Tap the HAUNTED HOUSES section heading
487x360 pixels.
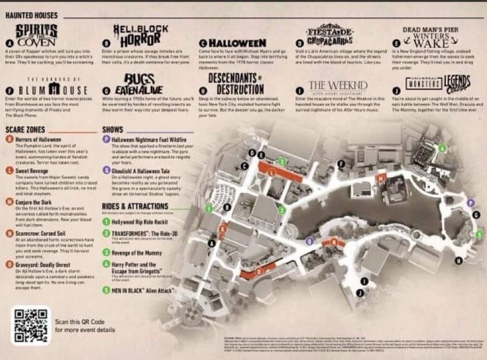(32, 16)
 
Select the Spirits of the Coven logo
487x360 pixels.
(36, 34)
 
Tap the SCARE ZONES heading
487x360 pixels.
(25, 130)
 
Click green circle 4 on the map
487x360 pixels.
(442, 147)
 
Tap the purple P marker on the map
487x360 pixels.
(470, 202)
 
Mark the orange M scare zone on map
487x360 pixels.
(381, 177)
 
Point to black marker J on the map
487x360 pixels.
(360, 293)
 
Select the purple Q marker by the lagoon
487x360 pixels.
(309, 241)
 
